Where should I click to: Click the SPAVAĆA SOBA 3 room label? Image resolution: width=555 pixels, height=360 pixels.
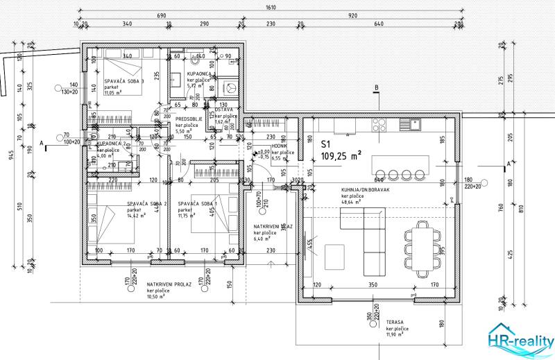click(124, 81)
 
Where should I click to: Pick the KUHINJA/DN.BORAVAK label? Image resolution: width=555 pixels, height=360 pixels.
click(364, 189)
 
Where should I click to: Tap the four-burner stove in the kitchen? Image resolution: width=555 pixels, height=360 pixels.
click(380, 125)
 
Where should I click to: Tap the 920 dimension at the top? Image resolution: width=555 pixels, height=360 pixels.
click(352, 14)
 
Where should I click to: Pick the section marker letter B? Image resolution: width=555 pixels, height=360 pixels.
click(376, 87)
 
